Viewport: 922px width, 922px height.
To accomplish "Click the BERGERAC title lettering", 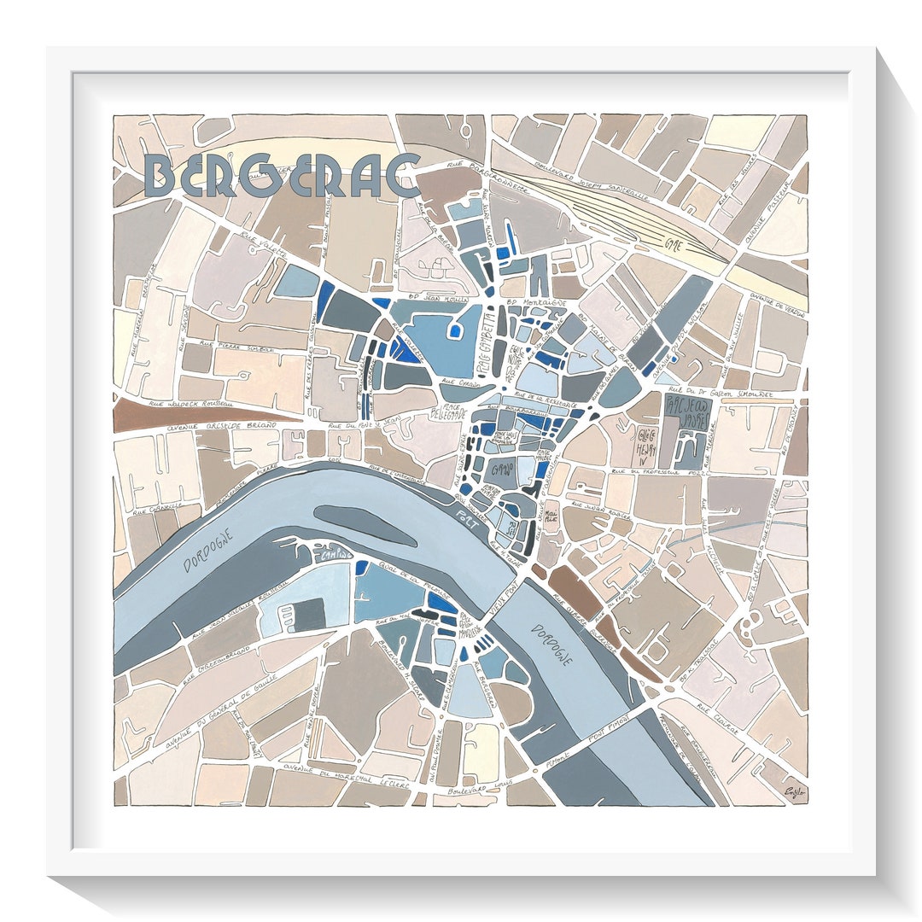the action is click(x=282, y=177).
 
